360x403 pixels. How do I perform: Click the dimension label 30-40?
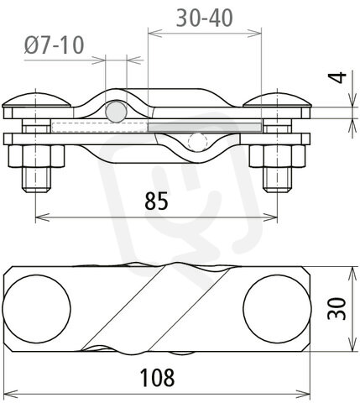(x=205, y=18)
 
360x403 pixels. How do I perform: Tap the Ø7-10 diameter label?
(x=54, y=45)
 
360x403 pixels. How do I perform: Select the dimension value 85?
(x=156, y=201)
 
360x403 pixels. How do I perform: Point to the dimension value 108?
(x=157, y=378)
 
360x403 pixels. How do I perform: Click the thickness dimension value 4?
(x=338, y=77)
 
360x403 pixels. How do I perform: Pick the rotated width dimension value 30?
(x=337, y=308)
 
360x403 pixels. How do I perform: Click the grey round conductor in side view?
(x=116, y=112)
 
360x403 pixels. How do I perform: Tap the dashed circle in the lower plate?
(x=198, y=142)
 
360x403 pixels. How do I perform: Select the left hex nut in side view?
(x=37, y=156)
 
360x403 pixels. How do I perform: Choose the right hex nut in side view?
(x=277, y=156)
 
